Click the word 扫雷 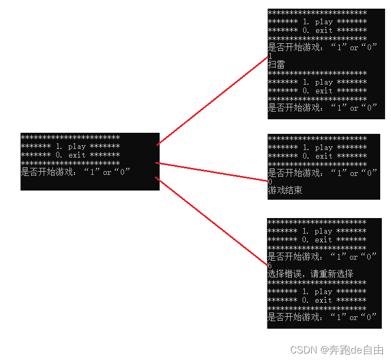pyautogui.click(x=276, y=65)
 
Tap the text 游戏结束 pyautogui.click(x=285, y=191)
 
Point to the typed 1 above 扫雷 pyautogui.click(x=270, y=56)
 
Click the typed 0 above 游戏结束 pyautogui.click(x=270, y=182)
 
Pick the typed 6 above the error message pyautogui.click(x=270, y=266)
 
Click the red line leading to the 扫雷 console pyautogui.click(x=213, y=100)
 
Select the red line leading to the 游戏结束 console pyautogui.click(x=211, y=171)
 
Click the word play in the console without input pyautogui.click(x=77, y=146)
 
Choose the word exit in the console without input pyautogui.click(x=77, y=155)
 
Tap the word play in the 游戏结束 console pyautogui.click(x=324, y=147)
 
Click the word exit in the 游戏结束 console pyautogui.click(x=324, y=156)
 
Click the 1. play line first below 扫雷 pyautogui.click(x=317, y=82)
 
